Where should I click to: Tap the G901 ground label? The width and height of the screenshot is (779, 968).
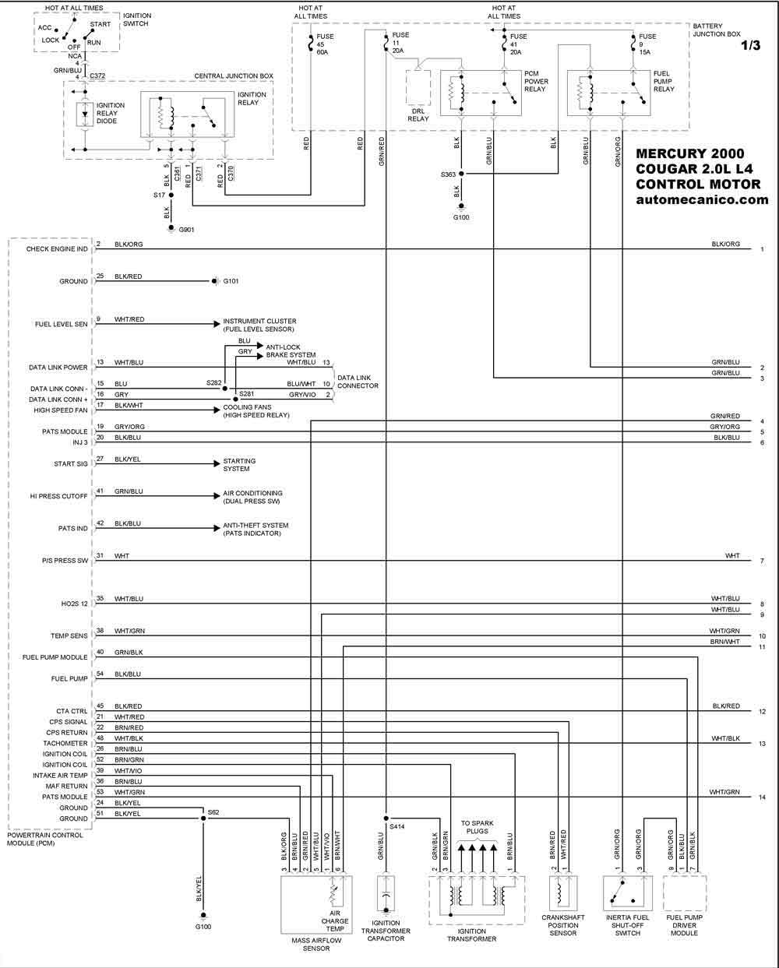(186, 230)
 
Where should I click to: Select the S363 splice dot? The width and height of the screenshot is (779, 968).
(461, 174)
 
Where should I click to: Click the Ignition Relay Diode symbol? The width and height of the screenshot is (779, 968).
(85, 114)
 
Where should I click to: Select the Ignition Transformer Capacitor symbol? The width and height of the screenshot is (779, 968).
(386, 893)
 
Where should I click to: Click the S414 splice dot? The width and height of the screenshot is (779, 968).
(386, 818)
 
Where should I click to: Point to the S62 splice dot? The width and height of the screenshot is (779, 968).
(203, 818)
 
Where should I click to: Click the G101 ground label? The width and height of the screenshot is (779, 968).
(231, 281)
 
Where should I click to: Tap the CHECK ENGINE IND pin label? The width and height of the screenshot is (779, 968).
(57, 248)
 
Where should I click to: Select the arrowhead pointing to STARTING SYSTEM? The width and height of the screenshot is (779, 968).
(217, 464)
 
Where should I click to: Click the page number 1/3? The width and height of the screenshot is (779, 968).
(751, 45)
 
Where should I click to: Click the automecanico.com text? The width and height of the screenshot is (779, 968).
(702, 199)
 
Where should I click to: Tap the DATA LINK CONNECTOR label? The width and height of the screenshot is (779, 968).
(358, 382)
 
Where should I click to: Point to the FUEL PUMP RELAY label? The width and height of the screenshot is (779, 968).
(664, 82)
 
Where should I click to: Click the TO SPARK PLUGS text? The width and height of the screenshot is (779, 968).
(477, 827)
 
